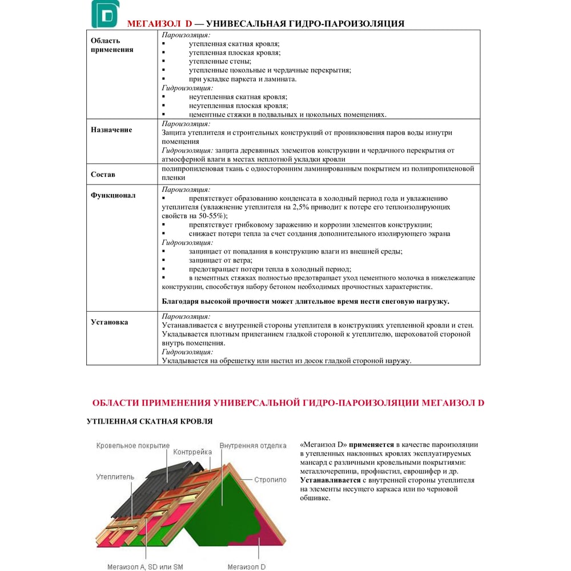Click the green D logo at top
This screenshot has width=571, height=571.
pyautogui.click(x=104, y=14)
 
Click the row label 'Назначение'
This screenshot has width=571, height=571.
pyautogui.click(x=111, y=130)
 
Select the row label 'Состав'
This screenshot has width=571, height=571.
pyautogui.click(x=103, y=174)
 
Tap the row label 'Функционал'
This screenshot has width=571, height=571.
pyautogui.click(x=113, y=195)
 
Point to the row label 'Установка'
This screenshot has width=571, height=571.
pyautogui.click(x=110, y=322)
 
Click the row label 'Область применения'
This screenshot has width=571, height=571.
pyautogui.click(x=112, y=45)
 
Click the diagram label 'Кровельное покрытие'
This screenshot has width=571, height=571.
pyautogui.click(x=133, y=445)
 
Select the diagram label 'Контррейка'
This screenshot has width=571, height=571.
pyautogui.click(x=192, y=452)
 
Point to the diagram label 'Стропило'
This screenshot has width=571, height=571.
pyautogui.click(x=270, y=480)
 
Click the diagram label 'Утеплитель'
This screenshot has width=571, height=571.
pyautogui.click(x=115, y=476)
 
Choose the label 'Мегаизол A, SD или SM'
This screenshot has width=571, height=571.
pyautogui.click(x=145, y=566)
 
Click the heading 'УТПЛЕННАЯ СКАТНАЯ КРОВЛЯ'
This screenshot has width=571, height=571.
pyautogui.click(x=150, y=421)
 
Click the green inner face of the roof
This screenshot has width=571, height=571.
pyautogui.click(x=228, y=502)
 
